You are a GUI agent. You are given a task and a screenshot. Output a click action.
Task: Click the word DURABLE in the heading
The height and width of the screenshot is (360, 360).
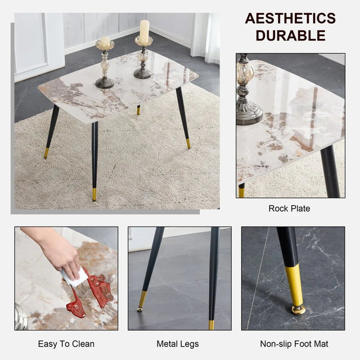(x=290, y=35)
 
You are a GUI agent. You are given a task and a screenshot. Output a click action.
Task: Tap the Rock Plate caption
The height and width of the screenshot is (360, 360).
(x=289, y=209)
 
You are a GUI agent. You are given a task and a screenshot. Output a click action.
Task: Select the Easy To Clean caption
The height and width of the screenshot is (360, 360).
(x=66, y=344)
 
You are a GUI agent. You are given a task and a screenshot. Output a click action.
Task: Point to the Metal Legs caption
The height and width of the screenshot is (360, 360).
(x=178, y=344)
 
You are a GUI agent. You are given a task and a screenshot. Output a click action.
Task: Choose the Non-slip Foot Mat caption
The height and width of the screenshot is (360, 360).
(x=294, y=344)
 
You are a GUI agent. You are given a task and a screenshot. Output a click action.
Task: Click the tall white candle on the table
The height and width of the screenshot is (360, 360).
(x=144, y=33)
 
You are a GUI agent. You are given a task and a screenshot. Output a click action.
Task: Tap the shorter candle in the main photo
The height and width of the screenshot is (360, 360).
(x=105, y=43)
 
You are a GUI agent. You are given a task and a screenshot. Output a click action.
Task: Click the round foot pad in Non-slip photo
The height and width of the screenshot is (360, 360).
(x=298, y=309)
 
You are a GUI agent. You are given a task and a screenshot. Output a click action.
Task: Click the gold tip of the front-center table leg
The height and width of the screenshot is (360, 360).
(x=94, y=194)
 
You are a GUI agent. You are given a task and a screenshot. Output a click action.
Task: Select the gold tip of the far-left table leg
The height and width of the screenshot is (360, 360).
(x=47, y=152)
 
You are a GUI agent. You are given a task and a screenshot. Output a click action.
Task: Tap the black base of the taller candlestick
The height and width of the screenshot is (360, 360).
(x=143, y=73)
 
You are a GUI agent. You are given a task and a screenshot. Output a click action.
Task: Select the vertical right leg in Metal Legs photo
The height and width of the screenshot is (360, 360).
(x=213, y=276)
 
